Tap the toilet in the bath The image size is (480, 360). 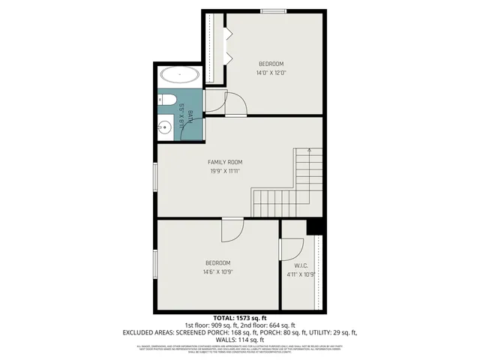pyautogui.click(x=167, y=101)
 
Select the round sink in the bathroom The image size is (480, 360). pyautogui.click(x=165, y=128)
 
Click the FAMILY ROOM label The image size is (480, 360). pyautogui.click(x=225, y=161)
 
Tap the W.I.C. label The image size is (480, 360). pyautogui.click(x=301, y=265)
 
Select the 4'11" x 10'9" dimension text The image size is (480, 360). pyautogui.click(x=301, y=274)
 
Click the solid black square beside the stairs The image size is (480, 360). pyautogui.click(x=314, y=227)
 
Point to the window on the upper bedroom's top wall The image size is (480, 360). pyautogui.click(x=271, y=10)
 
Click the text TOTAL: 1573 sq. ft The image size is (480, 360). pyautogui.click(x=240, y=318)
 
